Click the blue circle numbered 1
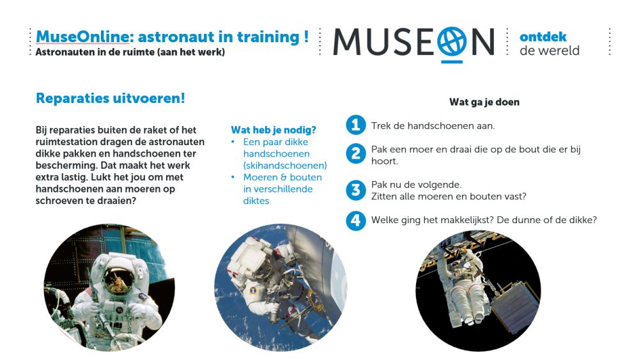point(356,125)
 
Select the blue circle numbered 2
point(356,153)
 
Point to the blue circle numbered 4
point(356,221)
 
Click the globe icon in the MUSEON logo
point(452,42)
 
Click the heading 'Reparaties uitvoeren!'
point(111,98)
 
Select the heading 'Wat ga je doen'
point(484,102)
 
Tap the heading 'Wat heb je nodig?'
point(273,130)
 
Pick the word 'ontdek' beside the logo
point(543,37)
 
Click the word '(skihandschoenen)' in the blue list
point(285,166)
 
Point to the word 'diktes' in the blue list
point(256,201)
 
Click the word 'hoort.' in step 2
point(384,161)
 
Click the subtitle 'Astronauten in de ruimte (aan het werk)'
point(130,52)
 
